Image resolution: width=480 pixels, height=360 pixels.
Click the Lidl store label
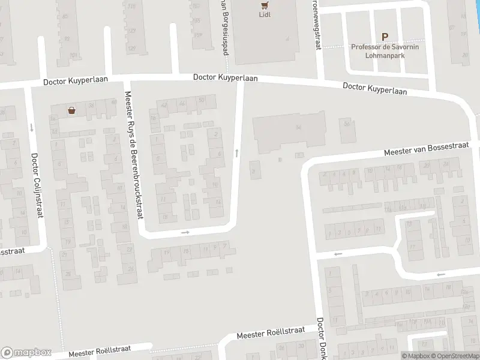pyautogui.click(x=265, y=14)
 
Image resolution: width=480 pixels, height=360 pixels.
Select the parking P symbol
pyautogui.click(x=385, y=37)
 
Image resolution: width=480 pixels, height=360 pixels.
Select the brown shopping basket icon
pyautogui.click(x=72, y=110)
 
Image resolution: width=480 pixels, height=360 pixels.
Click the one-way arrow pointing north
pyautogui.click(x=237, y=153)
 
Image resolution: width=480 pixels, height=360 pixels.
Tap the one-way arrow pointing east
pyautogui.click(x=185, y=232)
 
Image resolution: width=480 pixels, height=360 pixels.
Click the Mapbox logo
pyautogui.click(x=26, y=353)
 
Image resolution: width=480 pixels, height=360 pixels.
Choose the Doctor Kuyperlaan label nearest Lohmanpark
pyautogui.click(x=375, y=89)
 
